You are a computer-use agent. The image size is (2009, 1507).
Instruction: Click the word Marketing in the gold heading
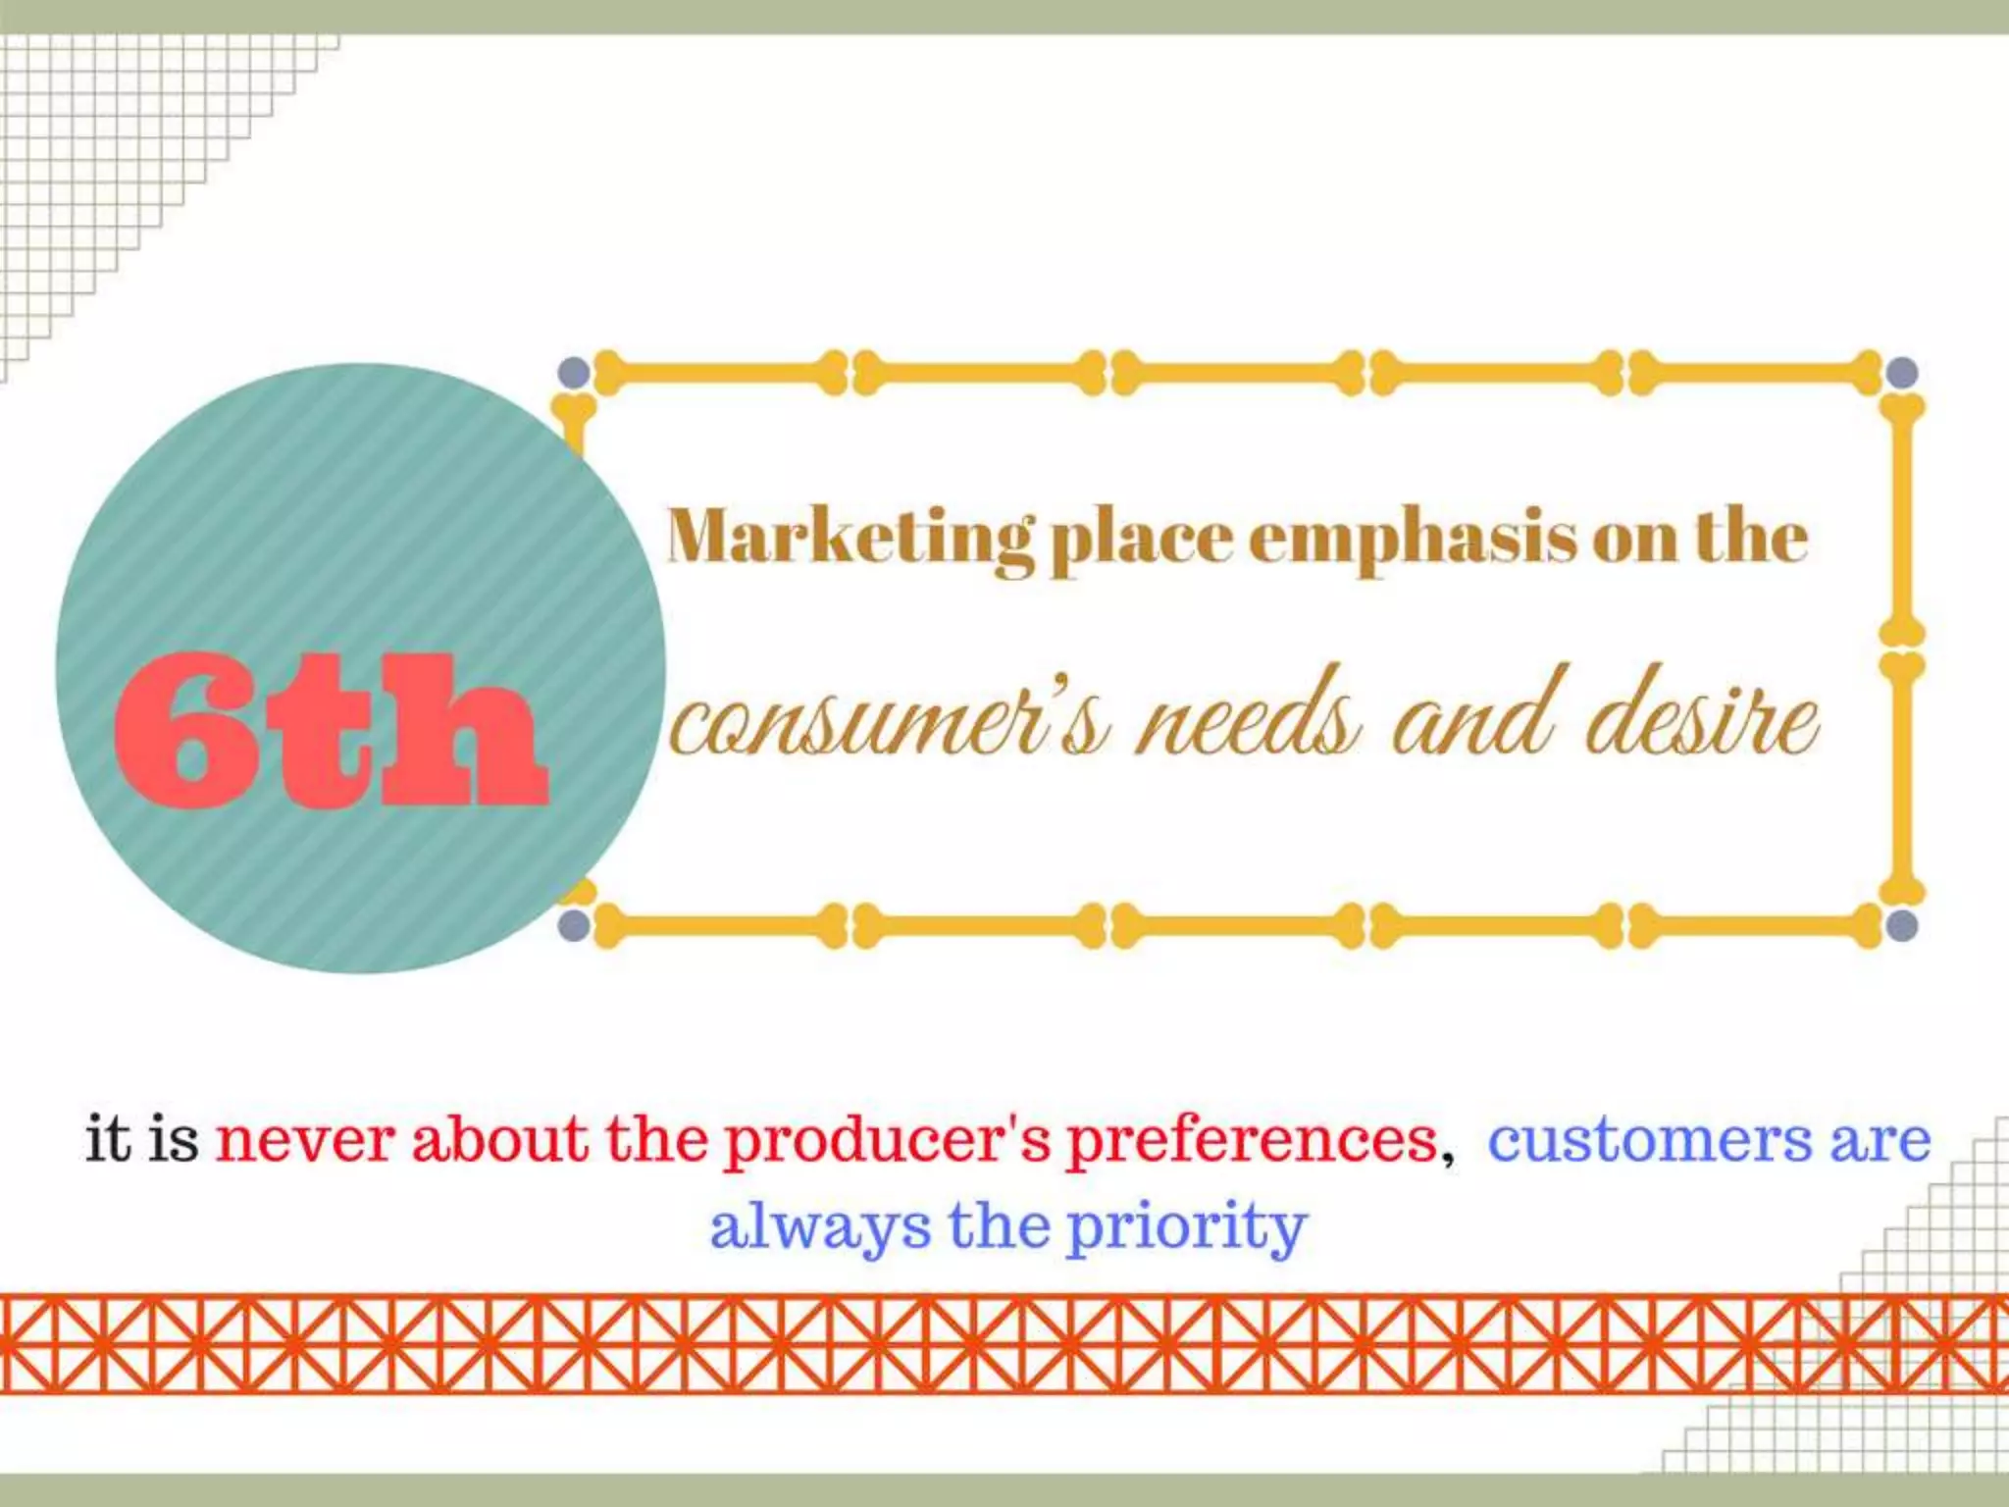tap(850, 539)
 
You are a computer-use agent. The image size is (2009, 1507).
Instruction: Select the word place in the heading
tap(1141, 539)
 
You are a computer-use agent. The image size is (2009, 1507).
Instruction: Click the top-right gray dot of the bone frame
tap(1901, 373)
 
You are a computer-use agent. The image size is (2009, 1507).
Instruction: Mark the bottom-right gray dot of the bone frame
tap(1901, 924)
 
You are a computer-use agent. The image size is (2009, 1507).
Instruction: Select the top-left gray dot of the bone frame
tap(574, 373)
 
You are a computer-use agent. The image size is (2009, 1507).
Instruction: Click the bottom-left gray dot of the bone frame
tap(574, 924)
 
